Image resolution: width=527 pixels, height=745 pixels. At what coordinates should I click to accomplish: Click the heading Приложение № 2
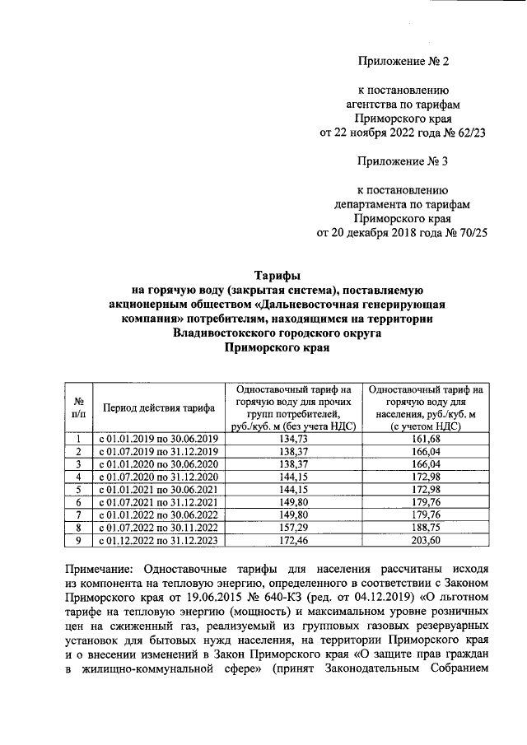click(404, 62)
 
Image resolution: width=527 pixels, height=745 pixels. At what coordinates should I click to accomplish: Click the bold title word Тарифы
click(277, 276)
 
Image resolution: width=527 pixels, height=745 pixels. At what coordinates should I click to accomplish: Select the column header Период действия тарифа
click(159, 407)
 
